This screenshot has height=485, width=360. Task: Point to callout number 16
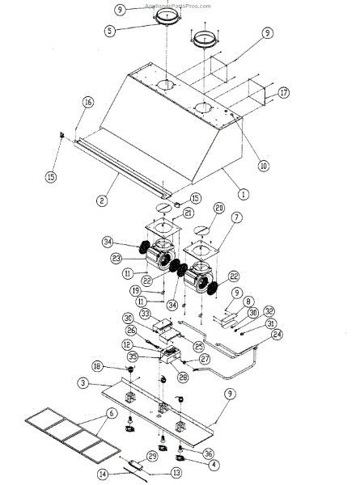[87, 102]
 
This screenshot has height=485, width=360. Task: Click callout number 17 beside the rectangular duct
[283, 93]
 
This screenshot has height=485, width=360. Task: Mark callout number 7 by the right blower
[237, 217]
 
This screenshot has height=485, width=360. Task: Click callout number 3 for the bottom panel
[83, 382]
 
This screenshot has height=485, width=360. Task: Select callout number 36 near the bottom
[209, 453]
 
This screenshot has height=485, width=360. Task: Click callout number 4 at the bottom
[212, 465]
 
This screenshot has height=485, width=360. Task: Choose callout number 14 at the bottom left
[103, 473]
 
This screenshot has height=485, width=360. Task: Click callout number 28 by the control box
[183, 377]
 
